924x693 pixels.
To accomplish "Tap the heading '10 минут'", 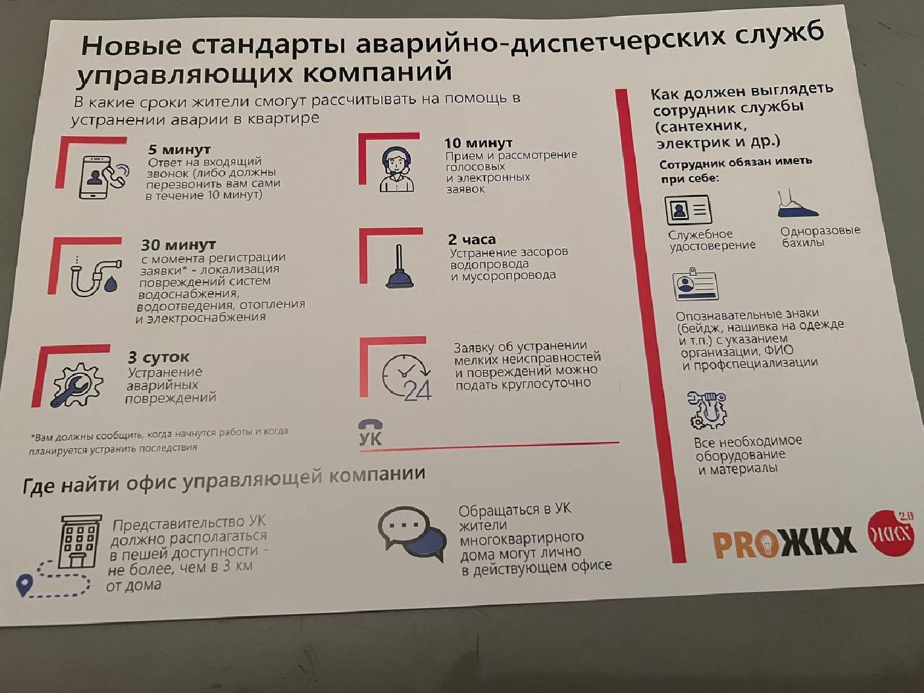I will [478, 142].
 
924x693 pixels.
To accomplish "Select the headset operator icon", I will [396, 170].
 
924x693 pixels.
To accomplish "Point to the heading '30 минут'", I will [178, 244].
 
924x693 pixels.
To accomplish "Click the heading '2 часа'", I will [472, 239].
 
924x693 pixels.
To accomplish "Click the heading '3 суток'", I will [158, 357].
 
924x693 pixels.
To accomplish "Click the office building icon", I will [80, 541].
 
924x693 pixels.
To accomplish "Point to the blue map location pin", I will [24, 585].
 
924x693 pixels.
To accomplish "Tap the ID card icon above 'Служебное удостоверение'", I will [688, 210].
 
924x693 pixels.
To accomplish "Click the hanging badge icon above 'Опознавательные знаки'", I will [695, 285].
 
